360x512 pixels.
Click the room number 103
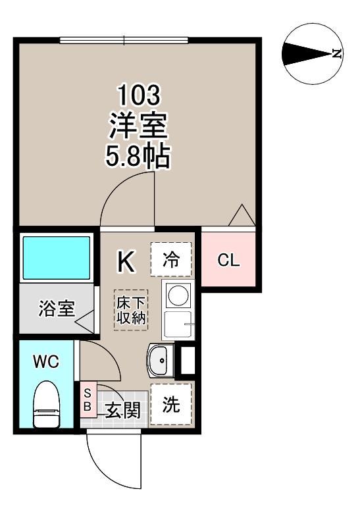[138, 96]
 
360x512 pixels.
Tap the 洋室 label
[138, 126]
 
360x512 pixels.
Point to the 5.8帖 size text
[138, 156]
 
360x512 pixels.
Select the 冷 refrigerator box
[170, 259]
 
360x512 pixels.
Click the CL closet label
[229, 261]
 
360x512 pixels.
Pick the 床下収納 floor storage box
[132, 311]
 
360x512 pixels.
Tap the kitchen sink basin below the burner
[178, 325]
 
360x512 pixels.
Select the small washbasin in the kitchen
[159, 359]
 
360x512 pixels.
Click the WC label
[47, 361]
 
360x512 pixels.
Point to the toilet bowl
[47, 405]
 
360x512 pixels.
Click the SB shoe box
[87, 399]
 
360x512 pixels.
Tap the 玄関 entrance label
[122, 411]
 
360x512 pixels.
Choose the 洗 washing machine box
[171, 404]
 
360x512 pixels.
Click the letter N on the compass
[337, 54]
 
